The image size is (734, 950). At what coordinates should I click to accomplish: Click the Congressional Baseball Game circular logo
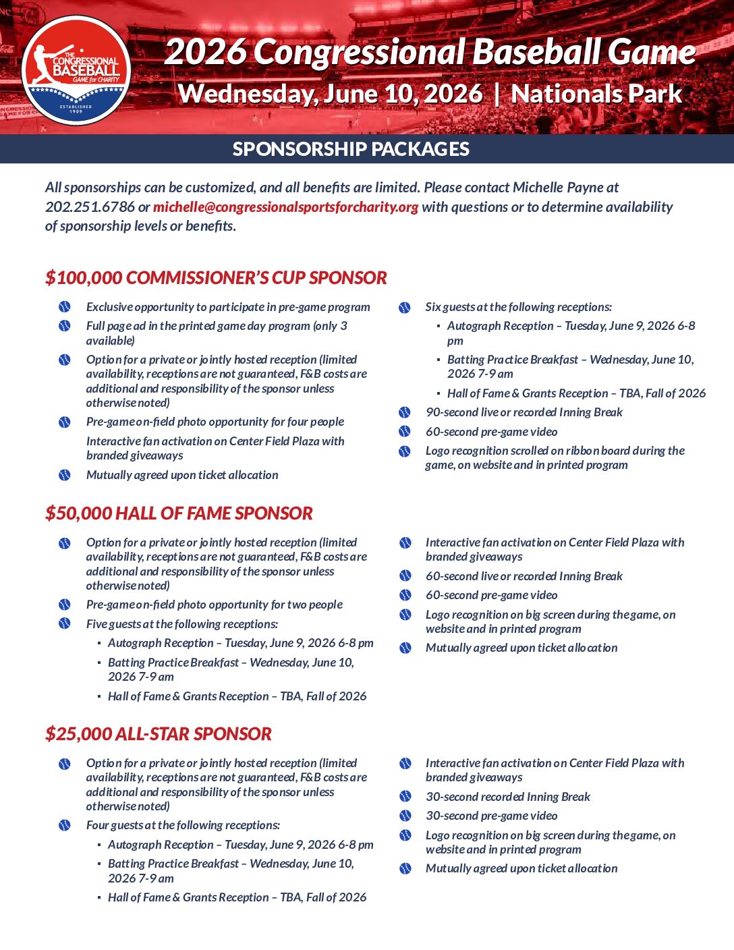(76, 70)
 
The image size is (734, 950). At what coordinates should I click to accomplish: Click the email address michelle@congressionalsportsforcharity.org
(285, 207)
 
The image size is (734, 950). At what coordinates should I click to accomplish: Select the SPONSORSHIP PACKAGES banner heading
(351, 149)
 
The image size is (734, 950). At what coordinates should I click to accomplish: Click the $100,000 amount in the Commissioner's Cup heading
(84, 278)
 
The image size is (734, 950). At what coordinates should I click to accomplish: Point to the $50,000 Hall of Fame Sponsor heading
(179, 513)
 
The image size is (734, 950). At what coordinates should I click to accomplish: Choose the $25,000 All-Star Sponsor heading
(159, 734)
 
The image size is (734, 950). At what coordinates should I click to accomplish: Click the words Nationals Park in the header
(596, 94)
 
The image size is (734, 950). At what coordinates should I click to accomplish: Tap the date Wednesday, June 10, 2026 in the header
(331, 94)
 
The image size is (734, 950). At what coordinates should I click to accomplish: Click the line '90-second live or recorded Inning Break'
(524, 412)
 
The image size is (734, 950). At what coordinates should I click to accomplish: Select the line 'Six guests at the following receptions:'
(518, 307)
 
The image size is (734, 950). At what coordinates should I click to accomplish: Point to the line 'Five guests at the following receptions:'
(182, 624)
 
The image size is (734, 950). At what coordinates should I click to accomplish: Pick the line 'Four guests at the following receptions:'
(183, 825)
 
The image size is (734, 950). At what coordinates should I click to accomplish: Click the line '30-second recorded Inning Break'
(507, 797)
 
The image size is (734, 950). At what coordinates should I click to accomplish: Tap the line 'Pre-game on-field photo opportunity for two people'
(215, 605)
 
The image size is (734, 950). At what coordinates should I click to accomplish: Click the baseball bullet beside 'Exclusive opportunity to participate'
(65, 307)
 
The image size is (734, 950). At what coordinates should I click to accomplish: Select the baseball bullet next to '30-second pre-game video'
(405, 816)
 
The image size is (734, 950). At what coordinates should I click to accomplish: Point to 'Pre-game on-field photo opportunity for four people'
(215, 422)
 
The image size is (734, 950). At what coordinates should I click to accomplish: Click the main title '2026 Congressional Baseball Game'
(430, 52)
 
